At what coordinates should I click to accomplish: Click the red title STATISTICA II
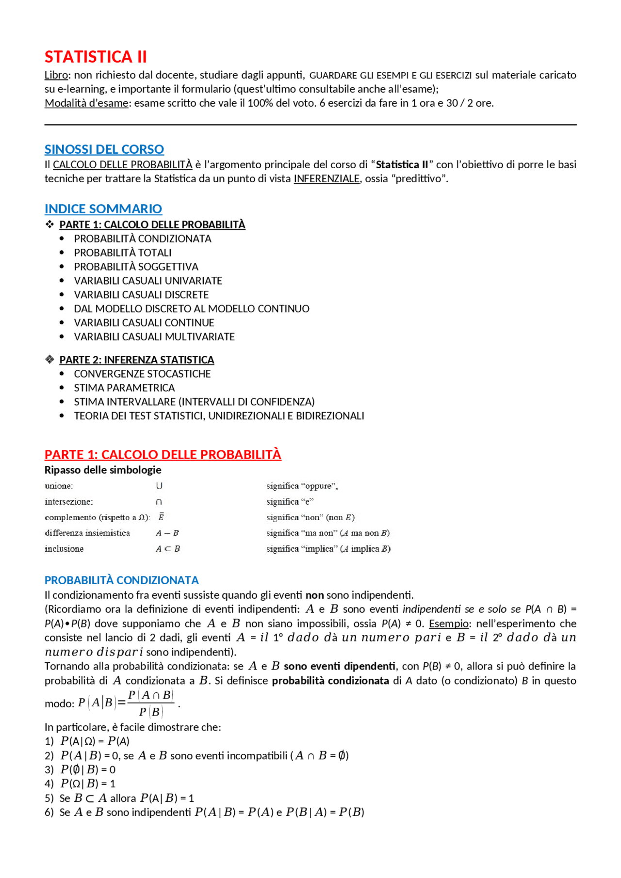(96, 57)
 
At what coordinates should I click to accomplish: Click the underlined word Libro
(56, 75)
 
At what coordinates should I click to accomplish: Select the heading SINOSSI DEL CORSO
(104, 149)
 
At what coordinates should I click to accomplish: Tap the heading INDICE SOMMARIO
(103, 209)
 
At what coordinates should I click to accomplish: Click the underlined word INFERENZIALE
(327, 179)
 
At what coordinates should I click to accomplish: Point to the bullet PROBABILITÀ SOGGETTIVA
(136, 267)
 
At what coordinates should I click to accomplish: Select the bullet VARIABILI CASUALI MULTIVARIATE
(154, 337)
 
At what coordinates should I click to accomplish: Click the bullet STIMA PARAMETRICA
(124, 388)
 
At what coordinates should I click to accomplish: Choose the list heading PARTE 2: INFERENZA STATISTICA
(137, 360)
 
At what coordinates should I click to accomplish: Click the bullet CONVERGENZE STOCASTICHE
(142, 374)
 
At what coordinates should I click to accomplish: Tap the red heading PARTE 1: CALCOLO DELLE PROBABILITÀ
(163, 455)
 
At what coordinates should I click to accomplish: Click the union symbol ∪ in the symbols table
(159, 486)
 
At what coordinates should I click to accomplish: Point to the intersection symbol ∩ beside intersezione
(159, 502)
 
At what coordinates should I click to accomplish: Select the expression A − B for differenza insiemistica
(167, 533)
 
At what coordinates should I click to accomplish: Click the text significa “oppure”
(302, 486)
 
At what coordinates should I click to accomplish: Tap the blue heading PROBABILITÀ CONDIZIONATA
(122, 580)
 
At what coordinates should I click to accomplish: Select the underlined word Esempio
(449, 623)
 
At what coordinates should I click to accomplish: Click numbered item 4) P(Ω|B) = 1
(87, 784)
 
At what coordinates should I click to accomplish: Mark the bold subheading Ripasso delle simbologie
(103, 470)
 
